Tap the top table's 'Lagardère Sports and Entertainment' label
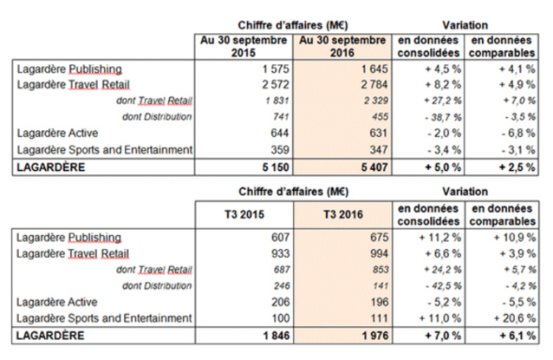(103, 149)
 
